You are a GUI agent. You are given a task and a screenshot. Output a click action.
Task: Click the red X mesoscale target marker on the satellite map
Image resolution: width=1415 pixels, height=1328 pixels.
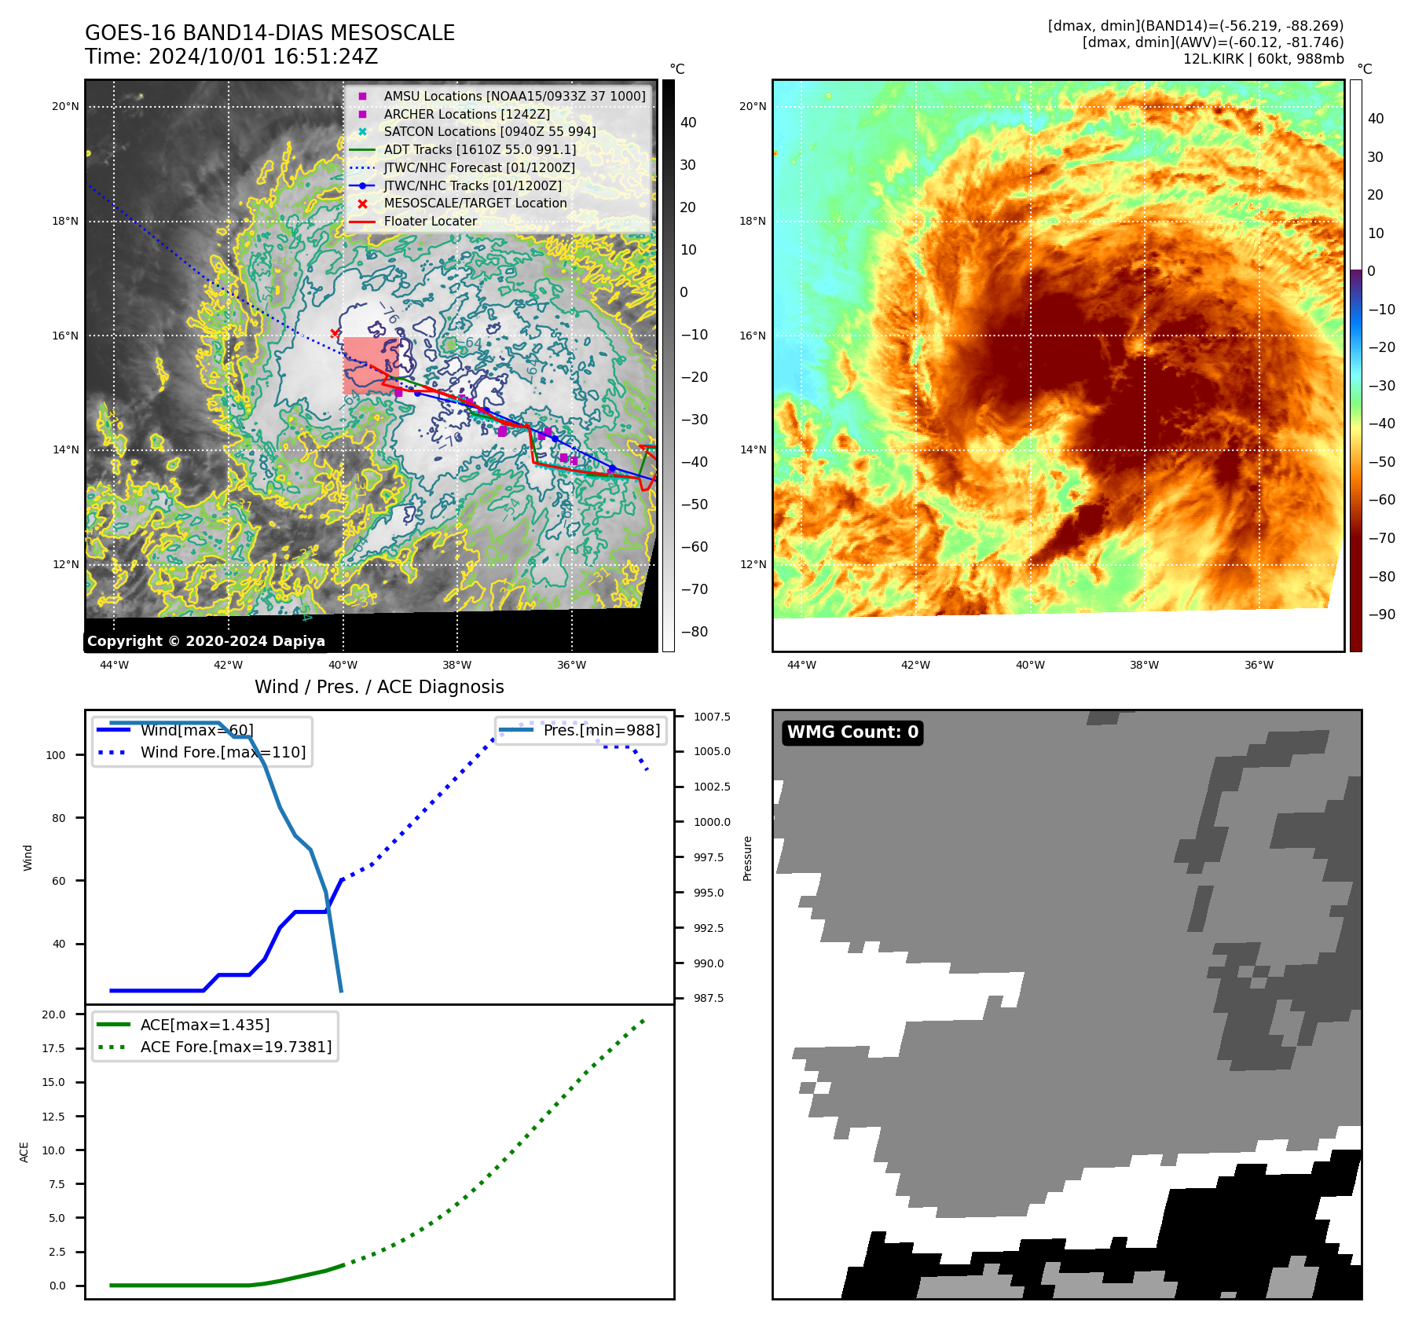click(x=335, y=333)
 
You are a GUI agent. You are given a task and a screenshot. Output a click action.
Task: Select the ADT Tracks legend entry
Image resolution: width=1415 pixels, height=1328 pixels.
click(x=479, y=149)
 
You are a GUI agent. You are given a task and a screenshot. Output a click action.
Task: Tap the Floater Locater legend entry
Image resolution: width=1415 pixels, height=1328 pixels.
click(x=430, y=222)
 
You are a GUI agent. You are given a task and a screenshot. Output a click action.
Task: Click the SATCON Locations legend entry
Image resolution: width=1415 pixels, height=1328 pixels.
click(x=489, y=131)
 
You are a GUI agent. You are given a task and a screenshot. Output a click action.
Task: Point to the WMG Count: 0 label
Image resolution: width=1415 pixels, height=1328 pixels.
click(x=852, y=732)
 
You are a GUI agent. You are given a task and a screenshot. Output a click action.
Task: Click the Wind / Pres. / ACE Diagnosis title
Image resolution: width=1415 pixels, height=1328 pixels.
click(x=379, y=687)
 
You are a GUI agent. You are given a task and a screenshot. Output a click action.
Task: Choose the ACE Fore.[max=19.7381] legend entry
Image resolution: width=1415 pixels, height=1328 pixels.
click(x=236, y=1047)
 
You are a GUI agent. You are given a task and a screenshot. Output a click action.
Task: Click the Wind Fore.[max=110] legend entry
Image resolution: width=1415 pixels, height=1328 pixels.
click(x=223, y=752)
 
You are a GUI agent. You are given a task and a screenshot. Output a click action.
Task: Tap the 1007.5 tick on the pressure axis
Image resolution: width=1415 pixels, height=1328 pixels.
click(x=712, y=717)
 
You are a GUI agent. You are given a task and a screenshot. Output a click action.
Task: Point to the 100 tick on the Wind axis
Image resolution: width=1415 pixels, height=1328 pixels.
click(x=56, y=755)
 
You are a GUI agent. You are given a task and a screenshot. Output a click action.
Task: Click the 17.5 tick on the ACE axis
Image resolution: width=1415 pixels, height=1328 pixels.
click(x=53, y=1048)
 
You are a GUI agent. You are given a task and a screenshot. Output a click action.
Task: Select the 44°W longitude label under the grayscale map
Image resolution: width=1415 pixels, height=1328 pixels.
click(x=114, y=665)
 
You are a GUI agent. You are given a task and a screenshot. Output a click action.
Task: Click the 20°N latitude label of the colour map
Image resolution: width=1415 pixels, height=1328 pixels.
click(x=752, y=107)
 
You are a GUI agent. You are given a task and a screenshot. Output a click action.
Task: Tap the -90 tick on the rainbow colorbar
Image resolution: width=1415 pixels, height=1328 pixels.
click(x=1381, y=614)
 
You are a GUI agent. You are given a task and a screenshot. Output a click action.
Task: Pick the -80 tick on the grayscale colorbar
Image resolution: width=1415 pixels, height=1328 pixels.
click(x=694, y=632)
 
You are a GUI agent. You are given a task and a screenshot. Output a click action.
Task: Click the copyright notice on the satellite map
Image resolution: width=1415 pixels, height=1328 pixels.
click(x=206, y=641)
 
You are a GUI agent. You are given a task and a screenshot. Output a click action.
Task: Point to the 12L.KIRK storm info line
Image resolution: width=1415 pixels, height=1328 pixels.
click(x=1263, y=59)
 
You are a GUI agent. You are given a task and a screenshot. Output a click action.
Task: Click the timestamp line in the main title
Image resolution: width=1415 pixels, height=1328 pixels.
click(x=231, y=57)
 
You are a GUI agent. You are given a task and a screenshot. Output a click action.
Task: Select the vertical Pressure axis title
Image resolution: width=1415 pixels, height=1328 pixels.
click(x=747, y=858)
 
